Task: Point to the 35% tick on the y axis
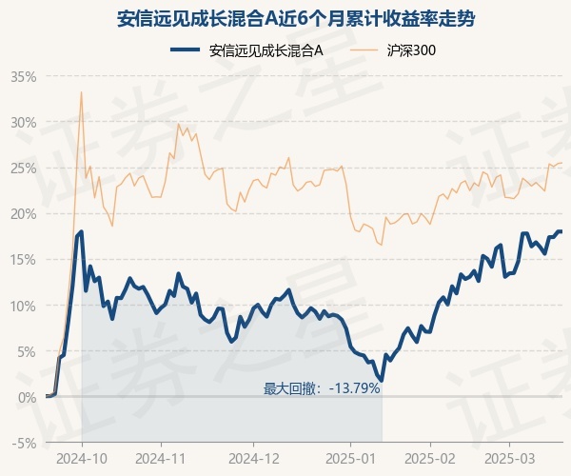click(23, 76)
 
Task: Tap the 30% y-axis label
click(23, 122)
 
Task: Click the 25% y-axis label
click(23, 168)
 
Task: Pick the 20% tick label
click(23, 213)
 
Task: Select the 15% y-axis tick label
click(23, 259)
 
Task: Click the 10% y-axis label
click(23, 306)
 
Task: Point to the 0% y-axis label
click(27, 397)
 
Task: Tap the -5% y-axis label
click(24, 443)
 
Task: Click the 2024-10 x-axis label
click(82, 458)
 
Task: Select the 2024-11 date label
click(161, 458)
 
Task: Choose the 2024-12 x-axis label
click(254, 458)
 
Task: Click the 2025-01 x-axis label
click(351, 458)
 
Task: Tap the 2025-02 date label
click(429, 458)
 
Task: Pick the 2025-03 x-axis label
click(509, 458)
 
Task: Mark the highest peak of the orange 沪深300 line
click(82, 91)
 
